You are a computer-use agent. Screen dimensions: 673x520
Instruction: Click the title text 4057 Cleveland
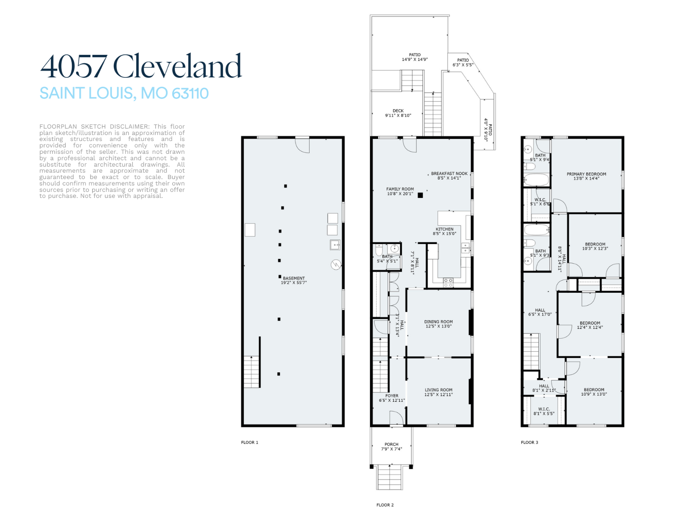click(141, 66)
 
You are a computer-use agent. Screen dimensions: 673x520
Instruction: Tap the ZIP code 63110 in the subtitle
click(190, 93)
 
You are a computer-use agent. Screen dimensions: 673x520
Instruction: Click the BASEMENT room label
click(294, 278)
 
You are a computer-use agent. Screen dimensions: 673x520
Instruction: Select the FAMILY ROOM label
click(400, 189)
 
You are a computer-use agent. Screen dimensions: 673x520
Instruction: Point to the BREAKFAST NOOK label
click(449, 174)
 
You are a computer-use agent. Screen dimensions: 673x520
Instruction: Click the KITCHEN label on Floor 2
click(444, 229)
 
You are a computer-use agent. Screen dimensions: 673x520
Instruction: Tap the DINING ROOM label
click(438, 322)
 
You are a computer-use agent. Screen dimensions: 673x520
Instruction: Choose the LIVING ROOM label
click(438, 390)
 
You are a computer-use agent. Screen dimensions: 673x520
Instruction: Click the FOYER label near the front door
click(392, 396)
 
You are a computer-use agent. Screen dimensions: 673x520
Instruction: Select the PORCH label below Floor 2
click(391, 444)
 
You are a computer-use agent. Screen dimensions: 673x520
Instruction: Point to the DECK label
click(398, 111)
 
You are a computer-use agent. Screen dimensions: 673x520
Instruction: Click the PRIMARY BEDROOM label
click(586, 174)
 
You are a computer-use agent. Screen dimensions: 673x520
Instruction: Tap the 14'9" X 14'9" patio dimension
click(415, 60)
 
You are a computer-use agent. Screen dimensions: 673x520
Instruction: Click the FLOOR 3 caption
click(529, 442)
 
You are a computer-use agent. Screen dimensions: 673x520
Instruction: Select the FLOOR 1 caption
click(250, 442)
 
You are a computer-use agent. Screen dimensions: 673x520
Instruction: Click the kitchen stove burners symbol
click(448, 282)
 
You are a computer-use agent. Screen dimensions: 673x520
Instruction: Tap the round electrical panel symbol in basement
click(336, 264)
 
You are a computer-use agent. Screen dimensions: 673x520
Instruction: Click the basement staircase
click(252, 372)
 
